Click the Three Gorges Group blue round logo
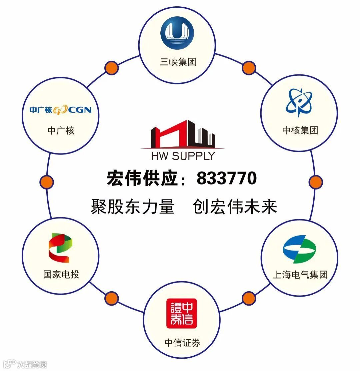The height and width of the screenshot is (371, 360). (177, 33)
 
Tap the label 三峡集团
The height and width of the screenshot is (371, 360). (178, 62)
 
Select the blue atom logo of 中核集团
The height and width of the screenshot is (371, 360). (299, 102)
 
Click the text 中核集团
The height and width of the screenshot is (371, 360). (300, 130)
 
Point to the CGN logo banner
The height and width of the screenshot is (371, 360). (60, 109)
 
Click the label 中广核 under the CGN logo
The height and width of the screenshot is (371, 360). (61, 130)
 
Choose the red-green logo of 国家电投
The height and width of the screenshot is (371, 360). (60, 248)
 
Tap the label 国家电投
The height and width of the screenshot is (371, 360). (61, 275)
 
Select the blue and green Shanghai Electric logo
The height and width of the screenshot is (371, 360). (299, 249)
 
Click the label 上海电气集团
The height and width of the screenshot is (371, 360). (300, 275)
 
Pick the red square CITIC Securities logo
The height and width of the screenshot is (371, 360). (182, 313)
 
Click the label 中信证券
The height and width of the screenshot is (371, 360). (182, 343)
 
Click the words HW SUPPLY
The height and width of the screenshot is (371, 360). (183, 156)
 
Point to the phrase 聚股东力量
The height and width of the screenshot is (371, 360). (132, 207)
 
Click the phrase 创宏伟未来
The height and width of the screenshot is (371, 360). (235, 207)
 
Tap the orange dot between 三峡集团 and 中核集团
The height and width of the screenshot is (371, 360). (249, 68)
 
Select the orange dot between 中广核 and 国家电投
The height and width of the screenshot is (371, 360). (47, 182)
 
